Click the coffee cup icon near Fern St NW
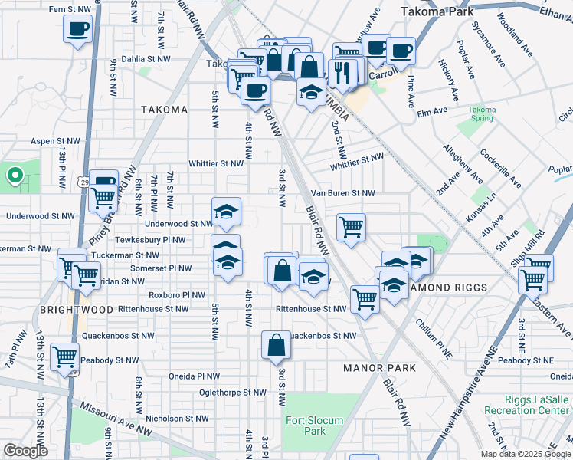78,30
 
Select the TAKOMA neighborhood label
165,110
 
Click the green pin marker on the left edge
14,176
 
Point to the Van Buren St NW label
342,194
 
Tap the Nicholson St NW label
177,419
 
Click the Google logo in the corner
25,451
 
